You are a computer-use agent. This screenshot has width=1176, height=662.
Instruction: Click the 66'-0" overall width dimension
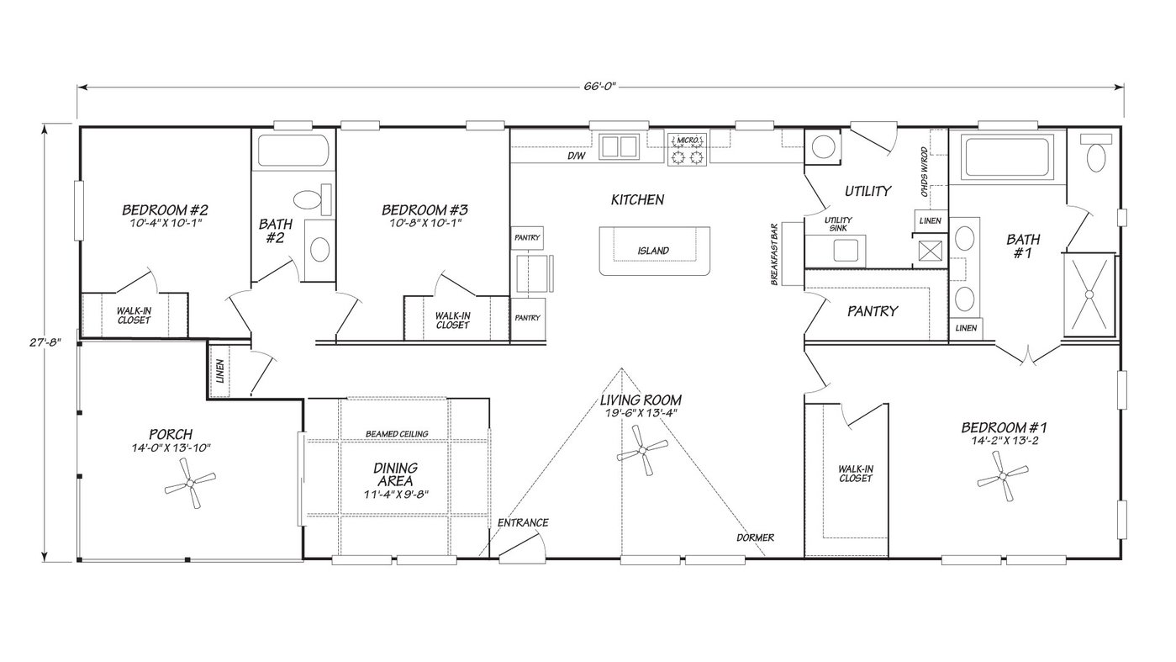(602, 87)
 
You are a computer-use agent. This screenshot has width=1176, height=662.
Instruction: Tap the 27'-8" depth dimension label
(29, 342)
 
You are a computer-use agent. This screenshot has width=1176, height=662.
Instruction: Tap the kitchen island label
(653, 251)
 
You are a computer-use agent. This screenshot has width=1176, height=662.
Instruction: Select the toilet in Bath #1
(1095, 156)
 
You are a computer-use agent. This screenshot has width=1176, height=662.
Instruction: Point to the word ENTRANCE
(522, 522)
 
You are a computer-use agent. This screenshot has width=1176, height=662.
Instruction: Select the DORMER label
(755, 538)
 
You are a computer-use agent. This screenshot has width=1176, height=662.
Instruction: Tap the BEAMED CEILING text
(397, 434)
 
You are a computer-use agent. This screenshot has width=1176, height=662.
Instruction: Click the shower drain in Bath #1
(1089, 294)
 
